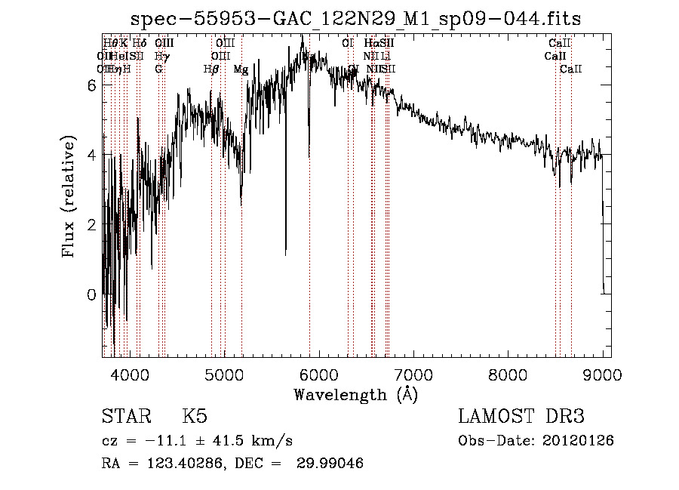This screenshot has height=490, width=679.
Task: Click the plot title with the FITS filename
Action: pyautogui.click(x=356, y=18)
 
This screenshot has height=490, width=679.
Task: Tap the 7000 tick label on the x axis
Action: pyautogui.click(x=413, y=373)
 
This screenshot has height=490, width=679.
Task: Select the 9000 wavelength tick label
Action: pyautogui.click(x=602, y=373)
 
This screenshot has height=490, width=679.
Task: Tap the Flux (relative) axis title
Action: pyautogui.click(x=69, y=197)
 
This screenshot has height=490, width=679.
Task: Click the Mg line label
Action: pyautogui.click(x=241, y=69)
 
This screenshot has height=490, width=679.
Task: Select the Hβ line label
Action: pyautogui.click(x=211, y=69)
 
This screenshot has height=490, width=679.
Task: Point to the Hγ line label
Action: pyautogui.click(x=161, y=56)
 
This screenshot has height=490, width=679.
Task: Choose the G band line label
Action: pyautogui.click(x=158, y=69)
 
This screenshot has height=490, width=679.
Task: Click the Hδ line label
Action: pyautogui.click(x=140, y=43)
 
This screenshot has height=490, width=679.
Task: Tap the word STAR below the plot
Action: pyautogui.click(x=124, y=417)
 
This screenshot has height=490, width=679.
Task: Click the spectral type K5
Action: pyautogui.click(x=195, y=417)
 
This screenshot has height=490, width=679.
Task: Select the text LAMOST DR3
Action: pyautogui.click(x=521, y=417)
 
